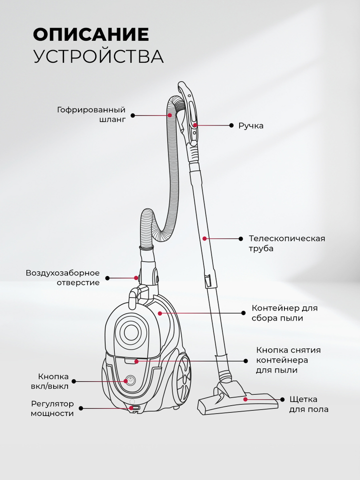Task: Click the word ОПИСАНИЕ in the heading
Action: (91, 34)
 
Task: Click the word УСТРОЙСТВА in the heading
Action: (98, 56)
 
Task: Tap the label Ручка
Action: (251, 125)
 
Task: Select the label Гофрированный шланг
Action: (91, 115)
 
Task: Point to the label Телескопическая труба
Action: (286, 243)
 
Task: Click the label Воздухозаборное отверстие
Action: (63, 277)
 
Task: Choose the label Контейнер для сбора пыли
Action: (284, 312)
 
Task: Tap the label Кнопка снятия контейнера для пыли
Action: (288, 360)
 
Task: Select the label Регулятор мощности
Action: (52, 408)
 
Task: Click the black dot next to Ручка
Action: (231, 125)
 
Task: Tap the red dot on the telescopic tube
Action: (204, 238)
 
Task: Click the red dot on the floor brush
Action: (245, 399)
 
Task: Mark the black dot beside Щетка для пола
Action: (282, 399)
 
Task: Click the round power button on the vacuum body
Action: (130, 380)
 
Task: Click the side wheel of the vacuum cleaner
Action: (182, 379)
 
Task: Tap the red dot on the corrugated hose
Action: (170, 115)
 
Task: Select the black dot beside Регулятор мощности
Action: (81, 408)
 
